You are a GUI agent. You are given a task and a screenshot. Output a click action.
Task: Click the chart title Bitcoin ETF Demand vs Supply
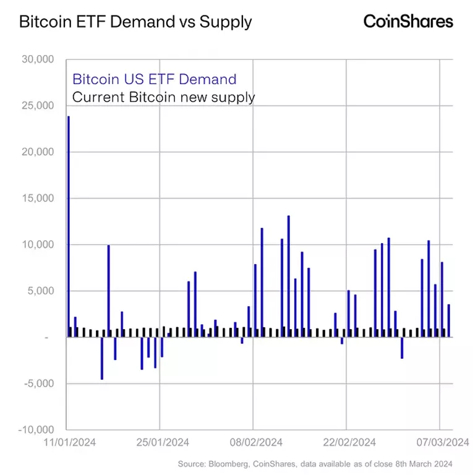(135, 22)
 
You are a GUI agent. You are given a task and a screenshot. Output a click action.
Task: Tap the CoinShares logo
(408, 22)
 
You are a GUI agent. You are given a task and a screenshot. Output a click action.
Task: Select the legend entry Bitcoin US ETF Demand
(155, 79)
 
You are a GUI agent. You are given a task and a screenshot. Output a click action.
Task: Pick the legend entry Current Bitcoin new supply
(164, 97)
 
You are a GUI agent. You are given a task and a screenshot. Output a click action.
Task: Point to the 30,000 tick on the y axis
(38, 59)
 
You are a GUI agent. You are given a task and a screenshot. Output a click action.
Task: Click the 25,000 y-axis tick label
(38, 106)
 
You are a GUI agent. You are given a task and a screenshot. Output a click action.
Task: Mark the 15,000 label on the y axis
(38, 199)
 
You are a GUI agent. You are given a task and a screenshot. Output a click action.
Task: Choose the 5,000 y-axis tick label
(41, 291)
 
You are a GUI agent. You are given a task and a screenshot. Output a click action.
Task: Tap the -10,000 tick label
(37, 430)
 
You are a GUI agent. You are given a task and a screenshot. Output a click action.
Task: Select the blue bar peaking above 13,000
(289, 276)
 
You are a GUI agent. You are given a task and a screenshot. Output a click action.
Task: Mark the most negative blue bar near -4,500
(102, 358)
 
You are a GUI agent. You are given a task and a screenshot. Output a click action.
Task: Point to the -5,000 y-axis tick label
(40, 383)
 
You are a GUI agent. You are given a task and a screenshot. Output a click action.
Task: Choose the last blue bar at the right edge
(449, 320)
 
